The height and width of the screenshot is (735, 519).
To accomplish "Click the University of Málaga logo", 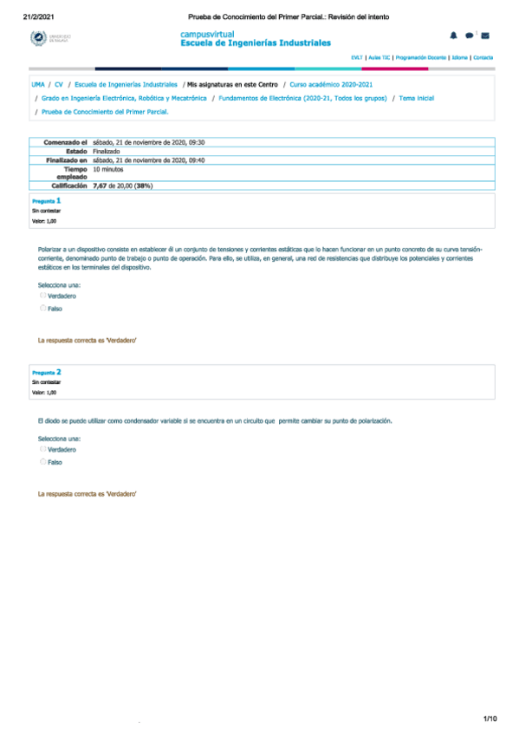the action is pyautogui.click(x=51, y=38).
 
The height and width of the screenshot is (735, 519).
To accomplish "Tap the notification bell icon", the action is pyautogui.click(x=453, y=35).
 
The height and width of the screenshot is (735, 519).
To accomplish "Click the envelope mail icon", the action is pyautogui.click(x=485, y=36).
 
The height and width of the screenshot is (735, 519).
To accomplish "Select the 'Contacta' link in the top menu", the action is pyautogui.click(x=483, y=57).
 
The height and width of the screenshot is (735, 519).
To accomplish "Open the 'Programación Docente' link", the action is pyautogui.click(x=421, y=57).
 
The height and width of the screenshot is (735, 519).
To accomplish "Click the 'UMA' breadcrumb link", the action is pyautogui.click(x=38, y=85).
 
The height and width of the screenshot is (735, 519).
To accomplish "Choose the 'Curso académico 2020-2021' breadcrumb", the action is pyautogui.click(x=332, y=85).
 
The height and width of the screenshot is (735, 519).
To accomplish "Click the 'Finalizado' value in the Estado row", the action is pyautogui.click(x=107, y=151).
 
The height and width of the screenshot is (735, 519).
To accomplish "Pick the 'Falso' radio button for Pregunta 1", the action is pyautogui.click(x=42, y=308).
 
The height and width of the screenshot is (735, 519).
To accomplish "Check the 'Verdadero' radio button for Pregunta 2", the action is pyautogui.click(x=42, y=449).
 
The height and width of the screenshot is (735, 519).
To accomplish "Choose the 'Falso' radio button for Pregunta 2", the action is pyautogui.click(x=42, y=462).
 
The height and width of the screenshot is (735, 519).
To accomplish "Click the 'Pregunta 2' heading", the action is pyautogui.click(x=46, y=372).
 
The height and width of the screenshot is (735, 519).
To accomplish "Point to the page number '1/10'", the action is pyautogui.click(x=490, y=719).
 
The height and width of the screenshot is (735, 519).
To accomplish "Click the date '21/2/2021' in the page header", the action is pyautogui.click(x=39, y=16).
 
